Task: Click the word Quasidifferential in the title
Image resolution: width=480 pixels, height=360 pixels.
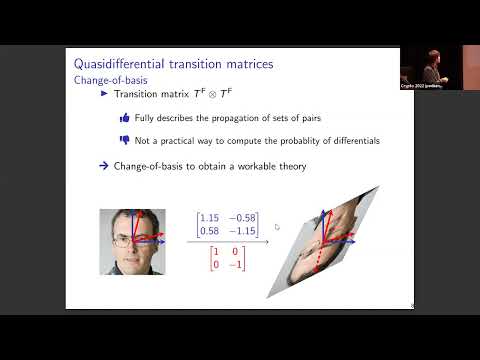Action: coord(112,65)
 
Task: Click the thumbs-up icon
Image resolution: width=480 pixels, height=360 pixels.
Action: coord(124,118)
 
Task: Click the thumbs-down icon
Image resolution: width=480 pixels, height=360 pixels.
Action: coord(124,141)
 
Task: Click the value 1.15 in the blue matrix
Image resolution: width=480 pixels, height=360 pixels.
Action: coord(209,217)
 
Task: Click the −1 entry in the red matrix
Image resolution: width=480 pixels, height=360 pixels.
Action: coord(235,265)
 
